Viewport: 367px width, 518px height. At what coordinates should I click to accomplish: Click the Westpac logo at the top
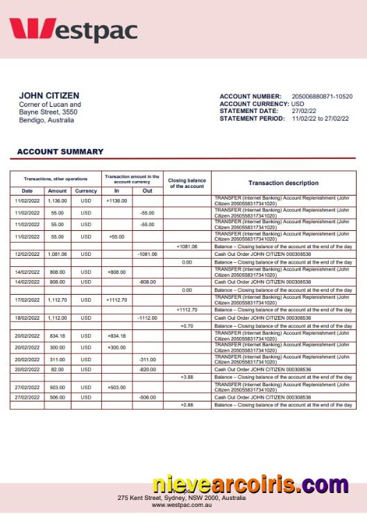click(73, 31)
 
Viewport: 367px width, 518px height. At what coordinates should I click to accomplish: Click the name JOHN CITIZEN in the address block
click(49, 96)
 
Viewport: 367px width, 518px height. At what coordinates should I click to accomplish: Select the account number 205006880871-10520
click(322, 96)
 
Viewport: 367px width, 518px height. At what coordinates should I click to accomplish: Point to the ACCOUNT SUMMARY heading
click(60, 151)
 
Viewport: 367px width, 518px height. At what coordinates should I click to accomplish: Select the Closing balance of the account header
click(187, 183)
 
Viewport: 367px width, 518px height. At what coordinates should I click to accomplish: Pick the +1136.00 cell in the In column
click(117, 200)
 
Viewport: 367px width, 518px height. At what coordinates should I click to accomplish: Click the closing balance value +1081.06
click(187, 246)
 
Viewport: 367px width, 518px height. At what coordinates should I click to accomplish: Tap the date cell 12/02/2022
click(27, 254)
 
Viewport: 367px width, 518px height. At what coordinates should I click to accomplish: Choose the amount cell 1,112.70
click(58, 300)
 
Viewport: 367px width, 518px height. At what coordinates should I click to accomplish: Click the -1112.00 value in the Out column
click(147, 318)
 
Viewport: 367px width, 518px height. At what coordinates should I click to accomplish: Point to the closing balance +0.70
click(187, 326)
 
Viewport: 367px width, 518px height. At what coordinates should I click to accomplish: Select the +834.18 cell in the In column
click(117, 336)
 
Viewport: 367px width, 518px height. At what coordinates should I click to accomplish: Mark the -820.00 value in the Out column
click(147, 370)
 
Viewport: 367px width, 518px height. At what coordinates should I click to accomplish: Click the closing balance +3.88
click(187, 377)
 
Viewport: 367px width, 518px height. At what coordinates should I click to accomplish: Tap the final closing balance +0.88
click(187, 405)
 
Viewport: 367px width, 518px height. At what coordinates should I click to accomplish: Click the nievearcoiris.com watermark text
click(250, 485)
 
